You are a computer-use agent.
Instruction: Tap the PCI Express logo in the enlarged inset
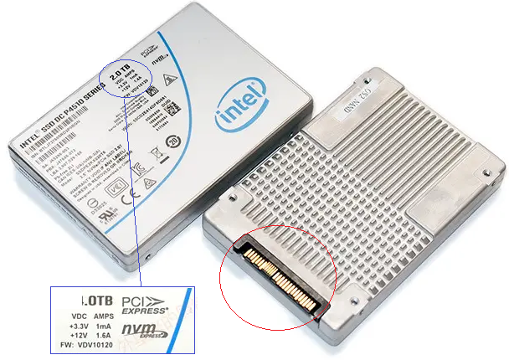[x=144, y=305]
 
